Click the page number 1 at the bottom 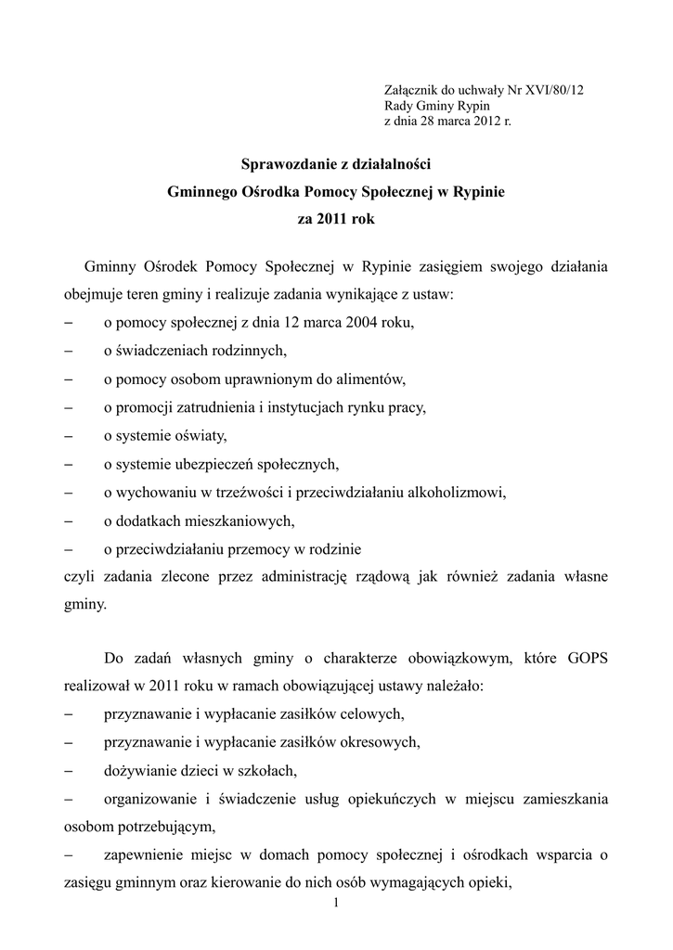(x=335, y=904)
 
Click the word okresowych (x=378, y=741)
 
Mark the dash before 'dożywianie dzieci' (x=70, y=769)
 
